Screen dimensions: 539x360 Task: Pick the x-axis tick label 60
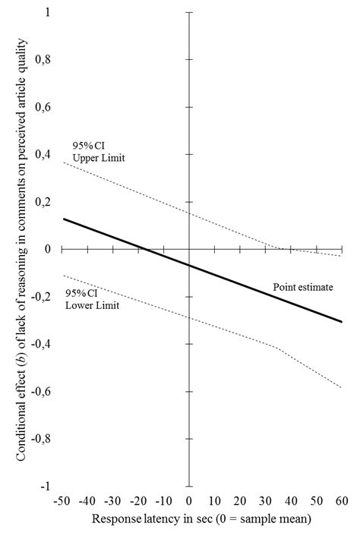pos(342,501)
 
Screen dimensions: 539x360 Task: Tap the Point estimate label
pos(298,288)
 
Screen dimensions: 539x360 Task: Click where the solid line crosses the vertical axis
pos(189,264)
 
